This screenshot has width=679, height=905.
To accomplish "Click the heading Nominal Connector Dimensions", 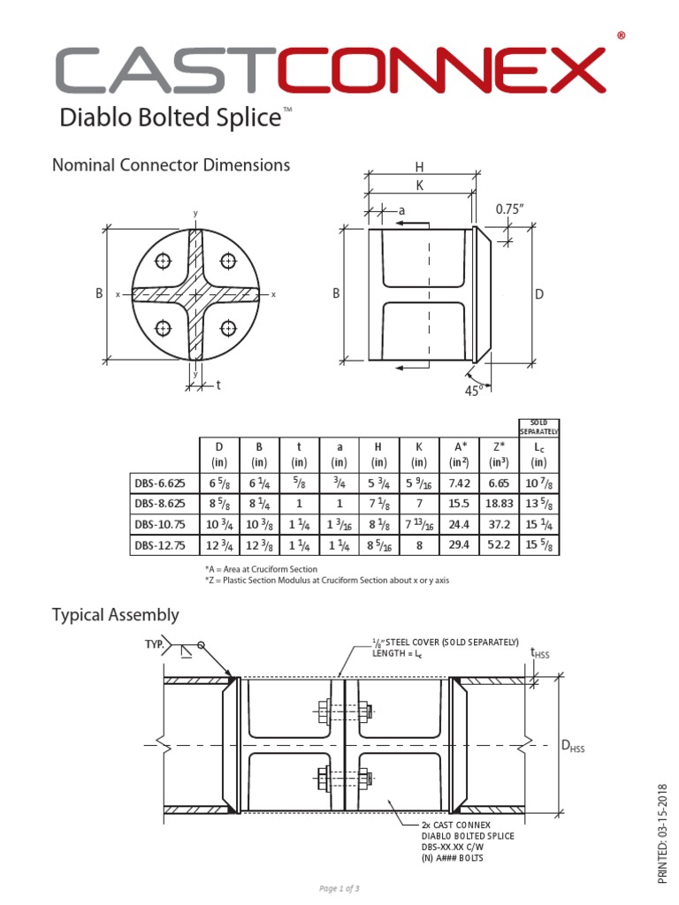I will point(171,164).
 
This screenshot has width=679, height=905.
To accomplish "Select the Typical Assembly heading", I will point(115,614).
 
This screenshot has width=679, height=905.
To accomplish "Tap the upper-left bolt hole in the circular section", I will point(163,261).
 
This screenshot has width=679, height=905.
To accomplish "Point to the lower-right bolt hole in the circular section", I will point(229,328).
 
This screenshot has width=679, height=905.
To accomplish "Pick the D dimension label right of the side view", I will point(538,293).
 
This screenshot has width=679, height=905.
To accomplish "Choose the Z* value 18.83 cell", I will point(500,503).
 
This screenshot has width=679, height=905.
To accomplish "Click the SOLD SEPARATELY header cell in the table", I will point(538,427).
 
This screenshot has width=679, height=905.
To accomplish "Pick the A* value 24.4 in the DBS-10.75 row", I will point(459,524).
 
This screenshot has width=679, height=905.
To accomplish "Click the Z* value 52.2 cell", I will point(500,545).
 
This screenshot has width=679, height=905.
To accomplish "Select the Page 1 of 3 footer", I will point(339,887).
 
